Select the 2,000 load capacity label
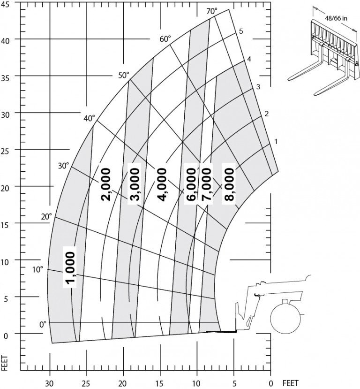point(105,184)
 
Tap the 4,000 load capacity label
point(162,184)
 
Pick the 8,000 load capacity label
point(229,184)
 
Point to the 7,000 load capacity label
point(206,184)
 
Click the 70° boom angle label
point(212,11)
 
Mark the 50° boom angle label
point(124,75)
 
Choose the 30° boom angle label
point(63,166)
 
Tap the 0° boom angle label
point(43,324)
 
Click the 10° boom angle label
point(37,269)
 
